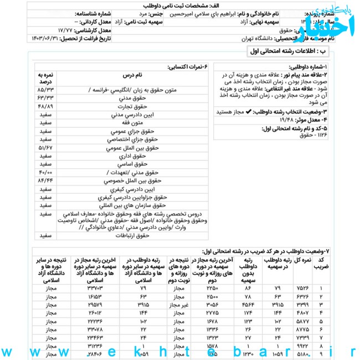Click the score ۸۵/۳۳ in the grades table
pos(45,89)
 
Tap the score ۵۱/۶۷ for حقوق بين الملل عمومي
pos(45,148)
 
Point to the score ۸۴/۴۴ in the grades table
pos(45,181)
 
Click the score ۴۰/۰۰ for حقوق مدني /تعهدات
pos(45,172)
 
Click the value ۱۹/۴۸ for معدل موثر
pos(288,120)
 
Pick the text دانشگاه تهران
pos(260,39)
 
